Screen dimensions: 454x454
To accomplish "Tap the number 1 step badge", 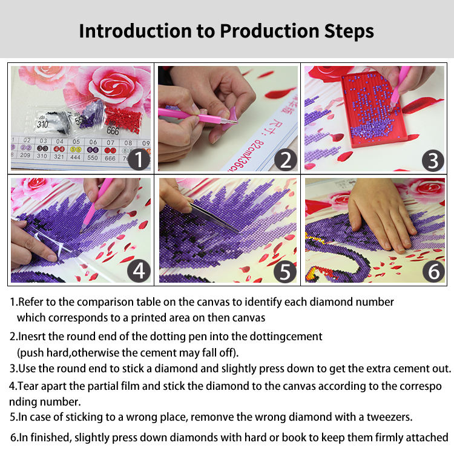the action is click(139, 159).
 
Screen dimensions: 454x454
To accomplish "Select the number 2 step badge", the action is click(286, 160).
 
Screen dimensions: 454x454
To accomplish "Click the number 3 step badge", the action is click(433, 160).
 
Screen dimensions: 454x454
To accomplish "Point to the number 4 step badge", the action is click(139, 271).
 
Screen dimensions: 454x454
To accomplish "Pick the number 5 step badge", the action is click(285, 272).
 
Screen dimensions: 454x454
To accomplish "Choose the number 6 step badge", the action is click(433, 272).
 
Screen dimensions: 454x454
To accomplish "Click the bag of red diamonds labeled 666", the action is click(123, 122).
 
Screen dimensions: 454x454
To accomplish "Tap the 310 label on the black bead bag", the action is click(42, 125).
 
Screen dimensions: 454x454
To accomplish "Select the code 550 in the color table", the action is click(93, 158).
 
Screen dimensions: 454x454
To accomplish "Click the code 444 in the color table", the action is click(75, 157).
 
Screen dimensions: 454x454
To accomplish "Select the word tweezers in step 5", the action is click(389, 417).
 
